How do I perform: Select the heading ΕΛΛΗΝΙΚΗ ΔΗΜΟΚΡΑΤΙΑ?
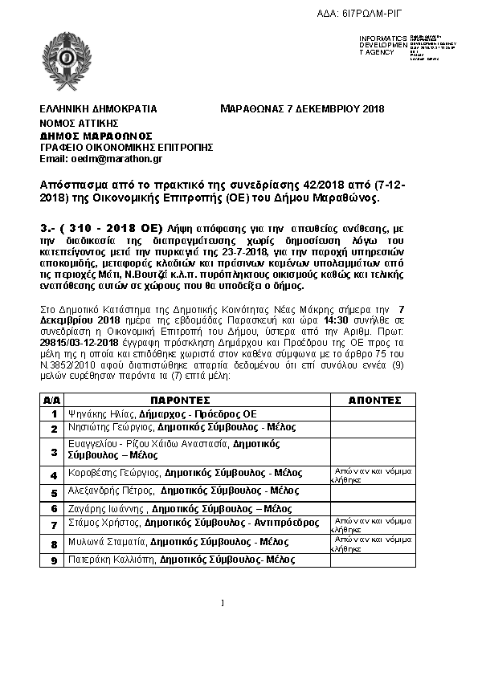[98, 108]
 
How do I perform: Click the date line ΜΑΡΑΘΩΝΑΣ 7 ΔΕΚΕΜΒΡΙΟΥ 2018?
[302, 108]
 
